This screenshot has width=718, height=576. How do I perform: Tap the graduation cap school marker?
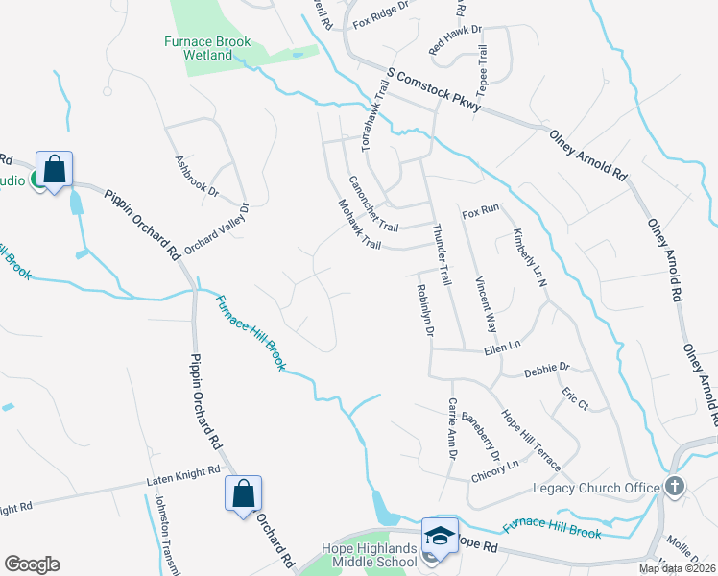tap(439, 535)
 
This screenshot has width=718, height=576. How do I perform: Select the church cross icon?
tap(675, 487)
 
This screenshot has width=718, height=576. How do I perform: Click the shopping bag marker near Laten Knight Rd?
tap(243, 494)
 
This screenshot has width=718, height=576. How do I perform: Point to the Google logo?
tap(32, 564)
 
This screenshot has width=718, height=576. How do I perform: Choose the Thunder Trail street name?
tap(442, 253)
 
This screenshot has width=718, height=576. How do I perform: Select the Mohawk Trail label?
tap(360, 224)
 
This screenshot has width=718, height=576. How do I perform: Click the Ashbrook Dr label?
tap(197, 177)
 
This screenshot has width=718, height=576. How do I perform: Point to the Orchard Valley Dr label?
tap(217, 228)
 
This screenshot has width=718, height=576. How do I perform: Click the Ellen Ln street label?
tap(502, 344)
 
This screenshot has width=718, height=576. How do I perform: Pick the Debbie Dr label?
tap(547, 368)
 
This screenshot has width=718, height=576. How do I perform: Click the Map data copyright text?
tap(676, 568)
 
